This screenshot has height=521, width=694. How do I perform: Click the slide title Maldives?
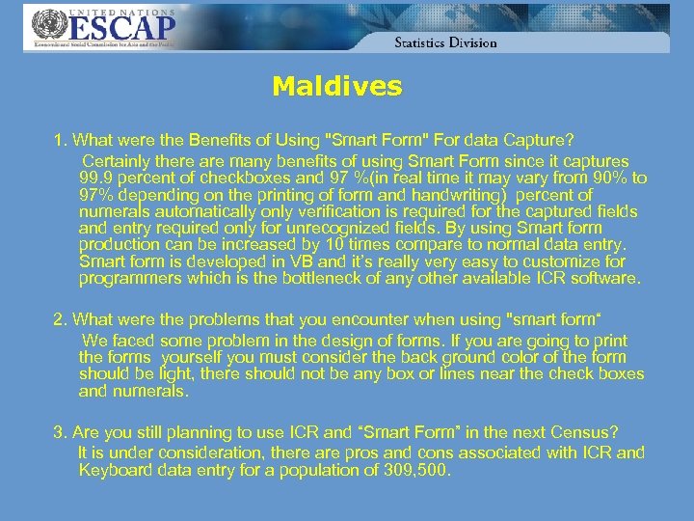[x=336, y=87]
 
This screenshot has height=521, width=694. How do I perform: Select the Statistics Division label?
[x=445, y=42]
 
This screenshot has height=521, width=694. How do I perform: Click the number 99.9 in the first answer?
[x=96, y=178]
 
